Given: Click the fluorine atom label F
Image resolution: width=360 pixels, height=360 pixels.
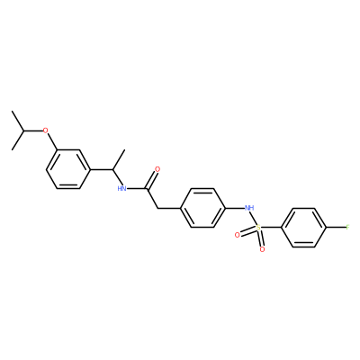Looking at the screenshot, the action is pos(347,227).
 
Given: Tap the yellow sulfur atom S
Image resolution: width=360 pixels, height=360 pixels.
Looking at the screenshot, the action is pos(258,228).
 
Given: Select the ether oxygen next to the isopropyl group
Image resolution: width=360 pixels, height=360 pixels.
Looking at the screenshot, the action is pos(45,130).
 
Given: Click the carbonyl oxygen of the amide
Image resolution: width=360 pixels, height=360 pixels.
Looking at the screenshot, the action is pos(157,169).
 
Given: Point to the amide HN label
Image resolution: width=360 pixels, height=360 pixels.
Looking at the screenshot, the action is pos(121,188).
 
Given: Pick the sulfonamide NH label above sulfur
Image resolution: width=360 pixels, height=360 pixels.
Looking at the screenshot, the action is pos(249,208).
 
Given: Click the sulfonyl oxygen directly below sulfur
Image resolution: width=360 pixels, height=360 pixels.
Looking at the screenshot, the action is pos(262,249).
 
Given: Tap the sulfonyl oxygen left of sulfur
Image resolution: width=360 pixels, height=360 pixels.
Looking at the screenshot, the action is pos(238,235).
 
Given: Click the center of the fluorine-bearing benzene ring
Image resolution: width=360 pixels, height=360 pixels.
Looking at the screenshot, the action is pos(303,228).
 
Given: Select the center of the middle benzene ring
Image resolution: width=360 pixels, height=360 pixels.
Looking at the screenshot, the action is pos(202,208).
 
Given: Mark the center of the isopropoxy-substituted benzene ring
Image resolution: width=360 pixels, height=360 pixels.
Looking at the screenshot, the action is pos(68,169).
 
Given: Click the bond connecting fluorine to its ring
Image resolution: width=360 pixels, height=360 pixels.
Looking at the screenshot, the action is pos(336,228).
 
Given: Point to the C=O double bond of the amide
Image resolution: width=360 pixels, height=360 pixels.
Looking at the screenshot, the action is pos(151,179).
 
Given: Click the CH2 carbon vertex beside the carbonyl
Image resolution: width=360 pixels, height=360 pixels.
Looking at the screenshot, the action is pos(157,208).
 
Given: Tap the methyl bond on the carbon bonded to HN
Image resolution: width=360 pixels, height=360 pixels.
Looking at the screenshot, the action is pos(119,159).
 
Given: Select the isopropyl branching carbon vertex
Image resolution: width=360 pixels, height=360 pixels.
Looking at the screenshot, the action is pos(23,130).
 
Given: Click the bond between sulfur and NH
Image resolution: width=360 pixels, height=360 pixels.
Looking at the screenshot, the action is pos(254,218).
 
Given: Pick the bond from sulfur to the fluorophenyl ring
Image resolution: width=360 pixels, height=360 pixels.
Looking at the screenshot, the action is pos(271,228).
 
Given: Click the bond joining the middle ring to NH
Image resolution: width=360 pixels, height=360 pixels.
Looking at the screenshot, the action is pos(235,208).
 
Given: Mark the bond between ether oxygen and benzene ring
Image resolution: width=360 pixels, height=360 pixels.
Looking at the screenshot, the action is pos(51,142).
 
